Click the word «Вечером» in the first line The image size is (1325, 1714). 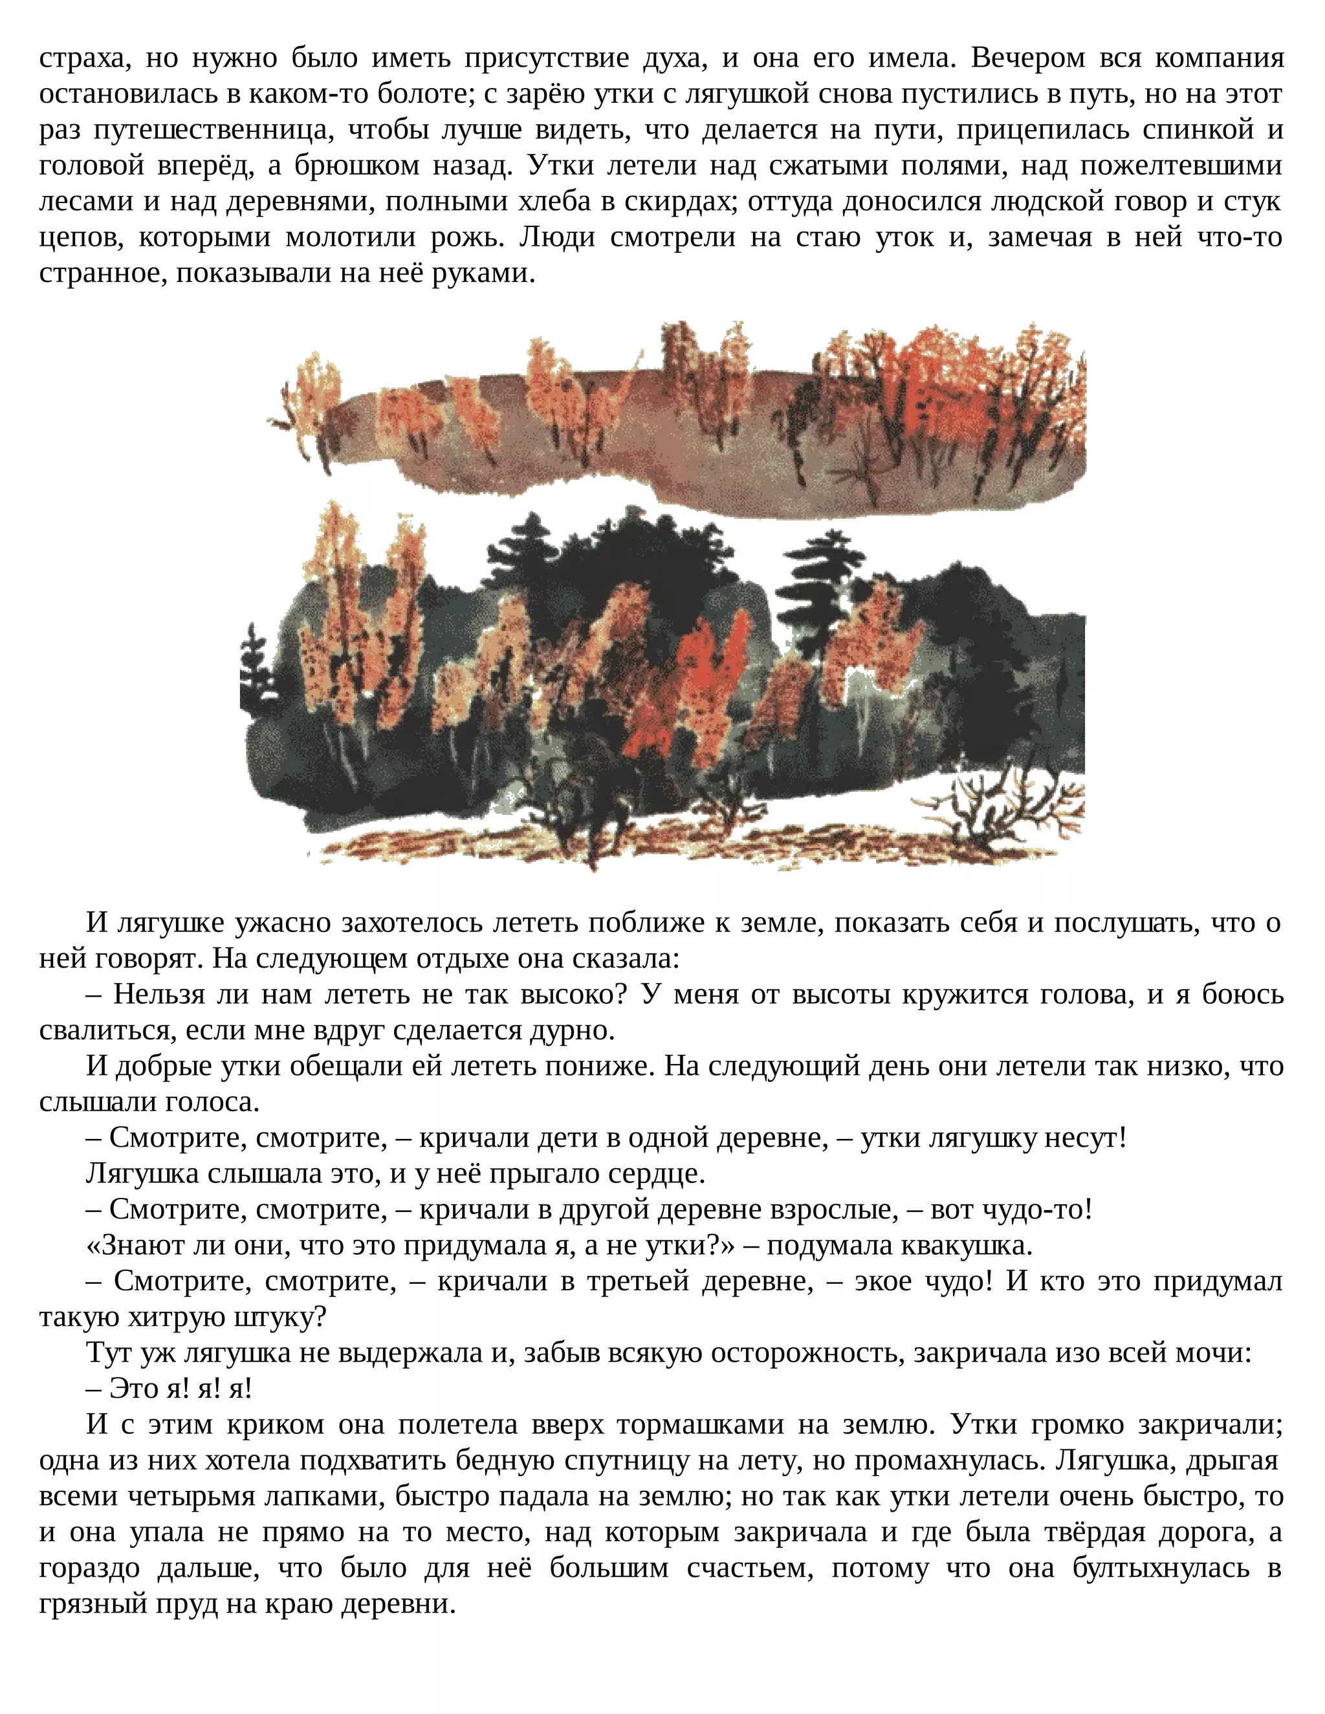click(x=1027, y=58)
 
